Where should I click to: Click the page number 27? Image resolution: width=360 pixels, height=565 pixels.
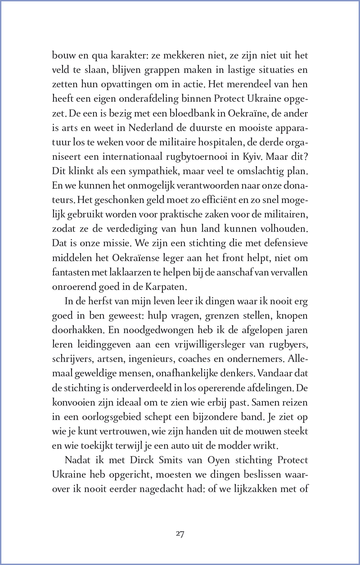[180, 534]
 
